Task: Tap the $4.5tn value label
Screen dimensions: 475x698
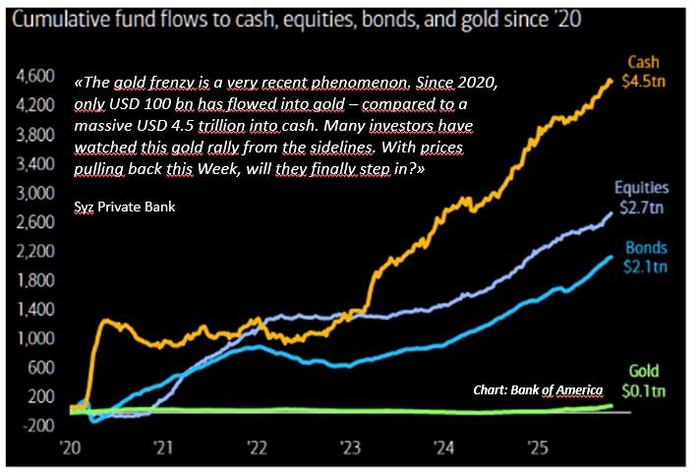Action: (x=644, y=80)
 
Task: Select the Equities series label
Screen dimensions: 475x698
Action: (x=641, y=188)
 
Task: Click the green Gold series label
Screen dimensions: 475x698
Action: (x=644, y=372)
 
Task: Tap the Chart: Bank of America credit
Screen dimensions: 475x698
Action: (x=539, y=390)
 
